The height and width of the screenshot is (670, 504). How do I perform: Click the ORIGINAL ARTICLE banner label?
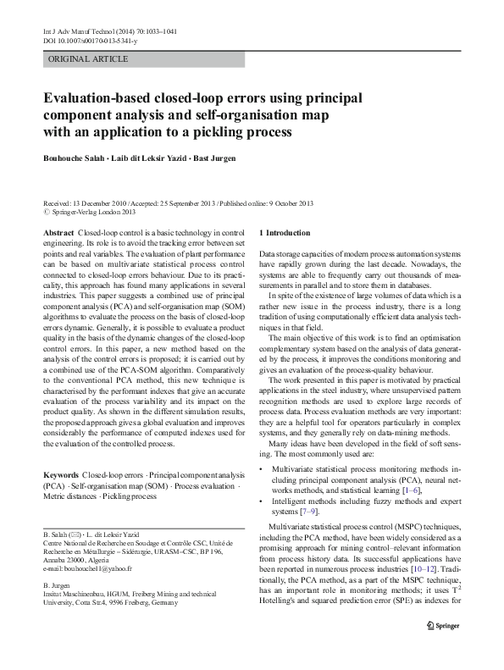click(89, 59)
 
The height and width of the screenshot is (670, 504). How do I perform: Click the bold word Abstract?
click(58, 232)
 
